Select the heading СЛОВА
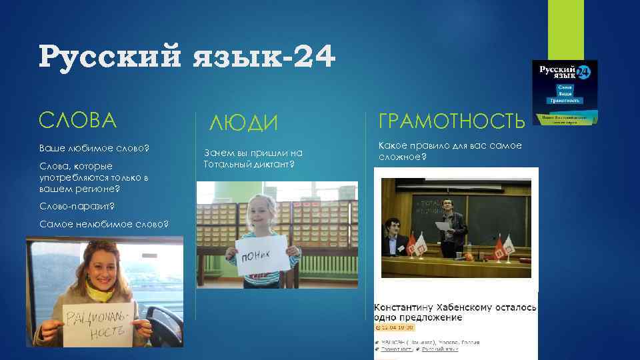tap(77, 120)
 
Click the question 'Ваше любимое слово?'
tap(94, 147)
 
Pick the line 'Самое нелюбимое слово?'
tap(103, 223)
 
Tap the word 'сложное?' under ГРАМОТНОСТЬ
tap(402, 157)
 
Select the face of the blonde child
tap(261, 213)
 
